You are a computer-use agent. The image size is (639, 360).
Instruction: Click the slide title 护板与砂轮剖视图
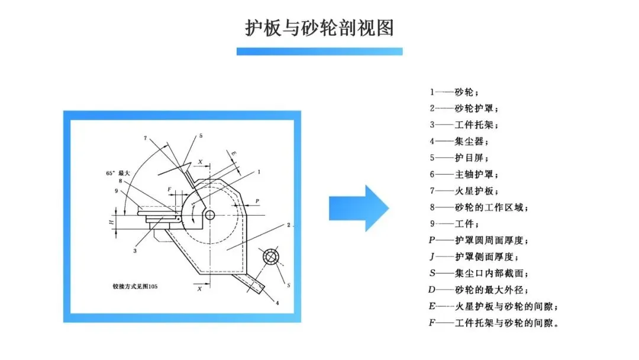319,27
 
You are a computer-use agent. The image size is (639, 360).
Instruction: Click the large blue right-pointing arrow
359,208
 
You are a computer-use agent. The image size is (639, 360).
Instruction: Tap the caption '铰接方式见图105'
135,287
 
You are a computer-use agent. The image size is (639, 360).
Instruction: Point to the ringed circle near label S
272,257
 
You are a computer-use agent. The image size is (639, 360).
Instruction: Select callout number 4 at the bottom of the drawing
276,304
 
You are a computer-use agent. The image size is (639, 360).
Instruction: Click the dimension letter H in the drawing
111,221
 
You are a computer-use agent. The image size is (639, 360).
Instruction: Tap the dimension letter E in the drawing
234,154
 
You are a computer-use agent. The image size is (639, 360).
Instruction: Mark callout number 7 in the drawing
145,138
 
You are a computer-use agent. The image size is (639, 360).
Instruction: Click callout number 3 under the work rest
135,250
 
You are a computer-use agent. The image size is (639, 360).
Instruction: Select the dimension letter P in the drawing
257,202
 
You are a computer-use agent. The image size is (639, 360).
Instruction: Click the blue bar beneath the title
319,52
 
